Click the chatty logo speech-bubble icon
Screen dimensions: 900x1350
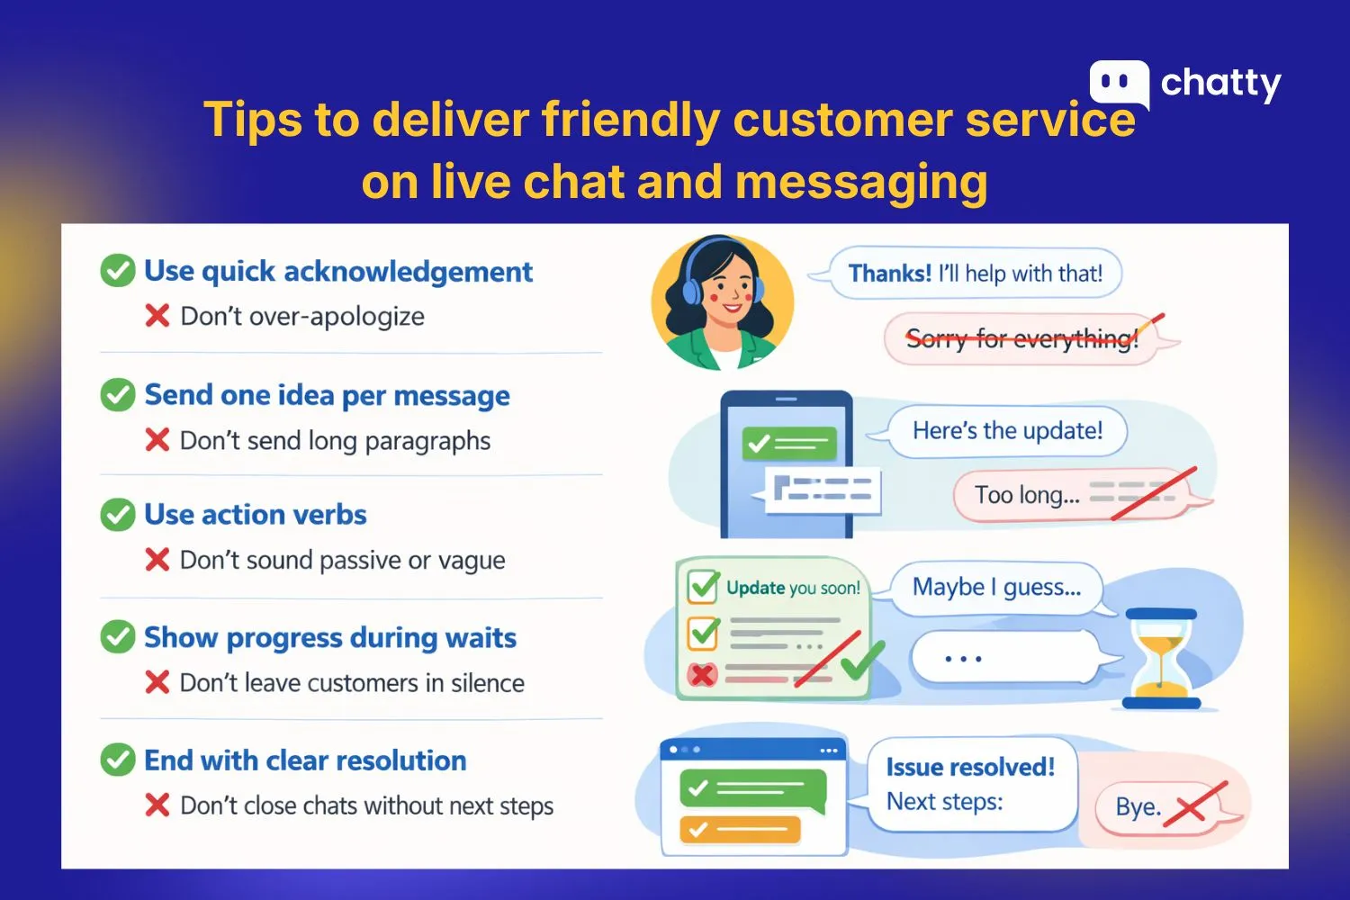coord(1119,84)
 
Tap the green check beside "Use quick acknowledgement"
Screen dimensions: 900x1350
coord(118,271)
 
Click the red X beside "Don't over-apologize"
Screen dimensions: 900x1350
coord(157,316)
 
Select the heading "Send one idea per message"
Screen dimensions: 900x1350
coord(327,395)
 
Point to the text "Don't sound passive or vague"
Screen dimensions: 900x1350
coord(342,560)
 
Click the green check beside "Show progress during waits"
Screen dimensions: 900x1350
coord(118,637)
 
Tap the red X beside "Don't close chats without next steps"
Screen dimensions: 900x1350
coord(157,805)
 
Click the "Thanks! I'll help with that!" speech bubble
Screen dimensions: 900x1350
coord(975,274)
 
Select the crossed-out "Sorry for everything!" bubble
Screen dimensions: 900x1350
coord(1021,339)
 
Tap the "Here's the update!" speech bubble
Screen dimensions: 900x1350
coord(1007,431)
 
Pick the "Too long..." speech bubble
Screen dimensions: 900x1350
coord(1071,495)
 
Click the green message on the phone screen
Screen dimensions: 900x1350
coord(789,443)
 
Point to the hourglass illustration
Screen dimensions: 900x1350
coord(1162,658)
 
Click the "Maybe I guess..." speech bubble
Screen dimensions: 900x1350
coord(996,588)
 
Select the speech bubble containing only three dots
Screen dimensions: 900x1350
coord(1005,659)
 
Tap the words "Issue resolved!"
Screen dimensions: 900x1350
coord(970,767)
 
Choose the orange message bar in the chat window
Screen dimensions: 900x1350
coord(740,829)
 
